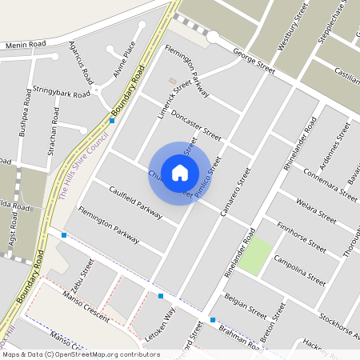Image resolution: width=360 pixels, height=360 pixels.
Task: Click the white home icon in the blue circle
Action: pos(180,172)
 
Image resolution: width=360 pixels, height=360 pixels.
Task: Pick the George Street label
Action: pos(254,62)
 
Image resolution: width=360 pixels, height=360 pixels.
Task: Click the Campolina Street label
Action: pos(299,270)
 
